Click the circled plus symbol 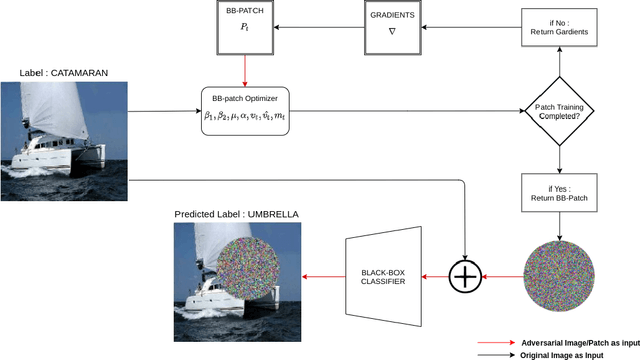[x=465, y=274]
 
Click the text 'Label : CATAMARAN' [x=64, y=73]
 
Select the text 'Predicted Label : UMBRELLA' [x=236, y=214]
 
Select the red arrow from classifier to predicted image [x=321, y=274]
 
